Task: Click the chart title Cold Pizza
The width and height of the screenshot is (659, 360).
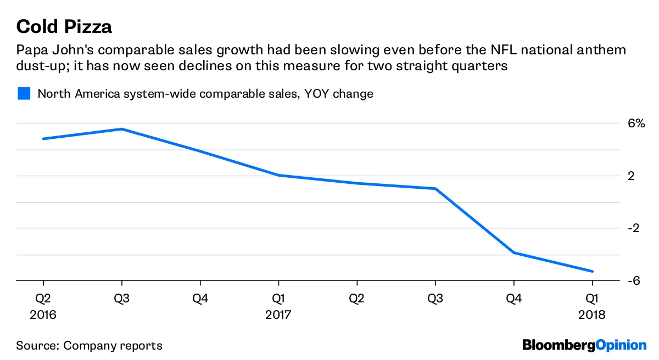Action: (64, 26)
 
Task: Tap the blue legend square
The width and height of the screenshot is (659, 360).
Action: (24, 94)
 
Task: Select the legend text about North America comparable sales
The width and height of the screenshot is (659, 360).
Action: (205, 94)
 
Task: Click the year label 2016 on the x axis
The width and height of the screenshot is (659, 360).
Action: (43, 315)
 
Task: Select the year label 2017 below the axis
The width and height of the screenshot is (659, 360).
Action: (278, 315)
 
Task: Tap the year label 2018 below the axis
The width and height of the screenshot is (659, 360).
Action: (592, 315)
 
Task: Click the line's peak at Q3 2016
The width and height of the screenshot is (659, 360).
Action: (121, 129)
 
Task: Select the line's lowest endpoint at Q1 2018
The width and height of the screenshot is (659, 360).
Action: (592, 271)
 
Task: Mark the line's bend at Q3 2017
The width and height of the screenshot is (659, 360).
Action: (435, 189)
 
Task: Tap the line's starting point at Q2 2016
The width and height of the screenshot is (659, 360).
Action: (43, 139)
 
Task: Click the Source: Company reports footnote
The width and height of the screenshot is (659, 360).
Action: (89, 346)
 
